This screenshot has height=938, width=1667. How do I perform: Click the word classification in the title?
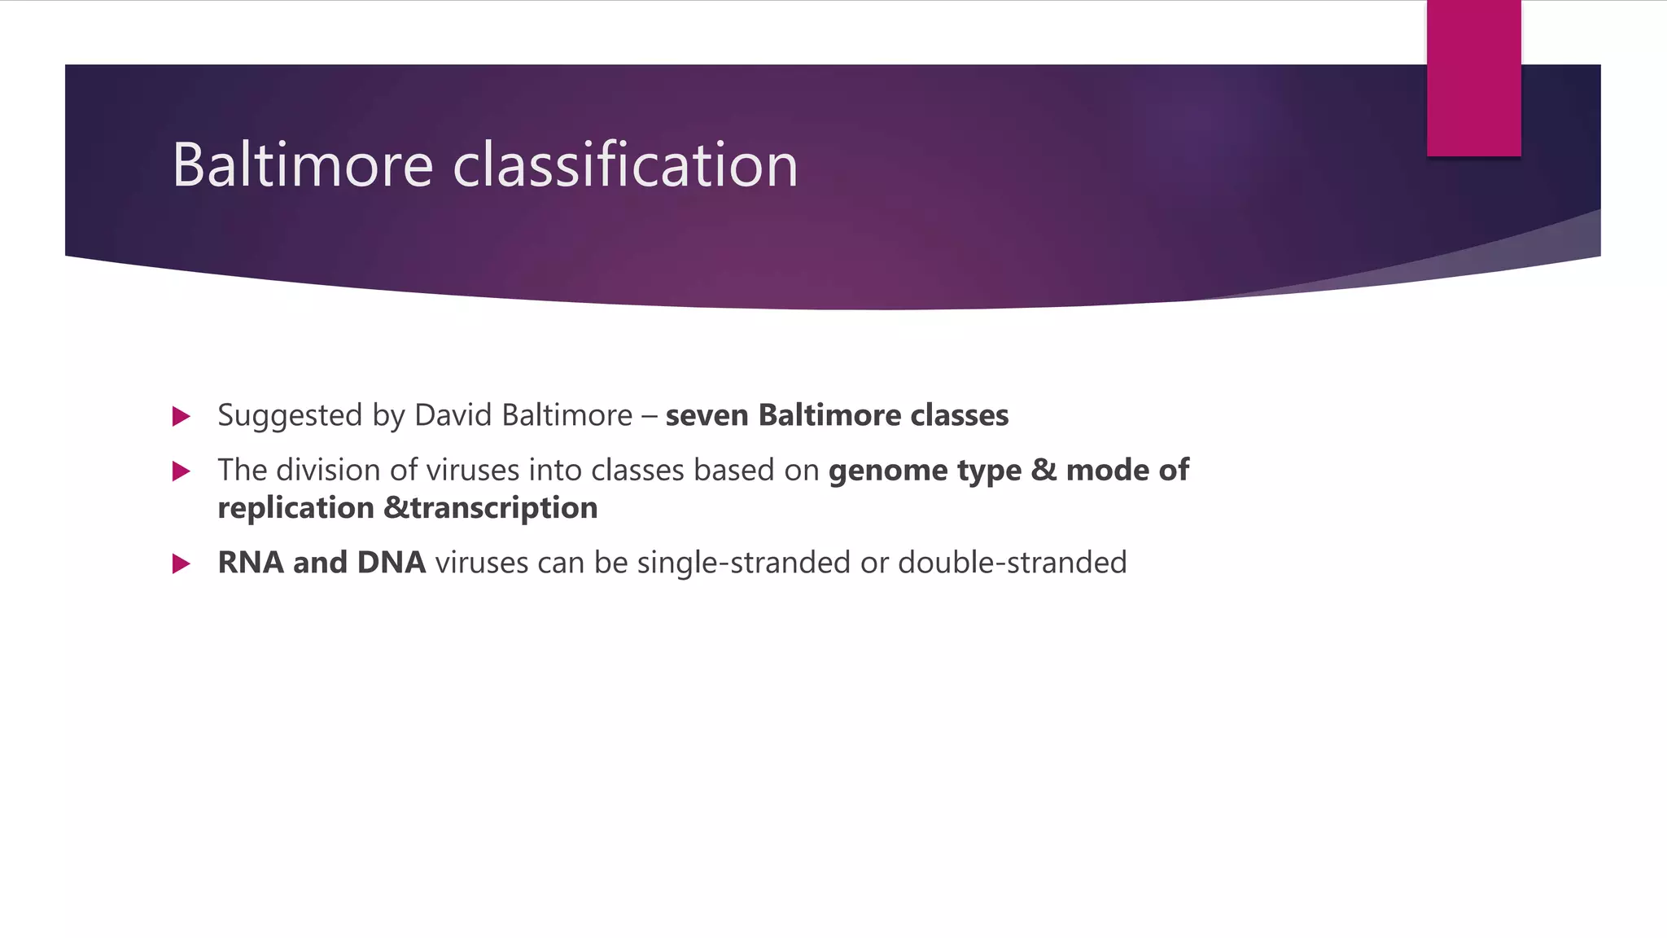click(x=625, y=165)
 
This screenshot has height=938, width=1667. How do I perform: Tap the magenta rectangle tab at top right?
click(x=1473, y=78)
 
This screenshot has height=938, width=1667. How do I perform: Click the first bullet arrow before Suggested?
click(x=182, y=417)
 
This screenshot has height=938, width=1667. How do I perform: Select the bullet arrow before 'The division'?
click(x=182, y=471)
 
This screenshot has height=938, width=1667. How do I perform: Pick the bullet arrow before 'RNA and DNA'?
click(x=182, y=563)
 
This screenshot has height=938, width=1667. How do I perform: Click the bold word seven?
click(x=707, y=416)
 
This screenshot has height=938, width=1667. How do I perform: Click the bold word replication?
click(x=295, y=509)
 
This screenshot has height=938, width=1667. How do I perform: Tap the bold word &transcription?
click(x=490, y=508)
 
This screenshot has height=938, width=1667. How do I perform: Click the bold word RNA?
click(x=250, y=563)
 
